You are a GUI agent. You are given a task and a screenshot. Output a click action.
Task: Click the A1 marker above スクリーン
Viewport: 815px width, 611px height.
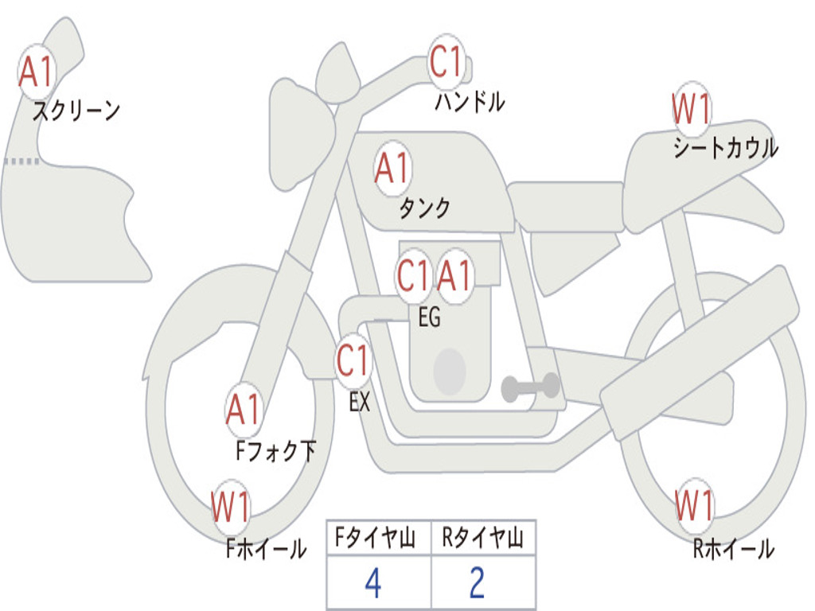pyautogui.click(x=37, y=72)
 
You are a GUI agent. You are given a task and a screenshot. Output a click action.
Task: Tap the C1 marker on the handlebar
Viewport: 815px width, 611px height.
pyautogui.click(x=446, y=60)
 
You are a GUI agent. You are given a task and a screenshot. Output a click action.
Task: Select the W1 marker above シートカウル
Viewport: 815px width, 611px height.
pyautogui.click(x=691, y=108)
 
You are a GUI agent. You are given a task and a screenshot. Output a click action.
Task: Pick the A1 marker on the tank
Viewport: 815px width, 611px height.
pyautogui.click(x=393, y=168)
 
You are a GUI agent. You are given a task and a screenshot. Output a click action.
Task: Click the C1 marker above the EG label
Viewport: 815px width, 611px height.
pyautogui.click(x=414, y=275)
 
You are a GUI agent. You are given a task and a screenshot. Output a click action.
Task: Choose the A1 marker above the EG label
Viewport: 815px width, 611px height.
pyautogui.click(x=454, y=275)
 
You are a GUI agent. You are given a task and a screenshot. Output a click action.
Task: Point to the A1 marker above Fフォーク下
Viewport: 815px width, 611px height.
pyautogui.click(x=244, y=410)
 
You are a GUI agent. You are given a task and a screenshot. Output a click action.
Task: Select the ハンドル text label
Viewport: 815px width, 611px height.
pyautogui.click(x=470, y=101)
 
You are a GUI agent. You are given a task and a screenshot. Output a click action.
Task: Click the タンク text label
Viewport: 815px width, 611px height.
pyautogui.click(x=425, y=208)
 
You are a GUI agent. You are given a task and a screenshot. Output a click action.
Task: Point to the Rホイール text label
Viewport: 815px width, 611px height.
pyautogui.click(x=733, y=549)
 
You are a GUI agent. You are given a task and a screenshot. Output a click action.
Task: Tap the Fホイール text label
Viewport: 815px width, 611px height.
pyautogui.click(x=266, y=549)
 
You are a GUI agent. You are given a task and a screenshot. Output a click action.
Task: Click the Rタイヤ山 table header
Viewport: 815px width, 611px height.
pyautogui.click(x=483, y=538)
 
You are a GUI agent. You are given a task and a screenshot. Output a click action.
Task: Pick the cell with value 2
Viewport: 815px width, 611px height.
pyautogui.click(x=483, y=582)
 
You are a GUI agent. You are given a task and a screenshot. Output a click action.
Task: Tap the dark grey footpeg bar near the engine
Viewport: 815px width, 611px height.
pyautogui.click(x=530, y=387)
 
